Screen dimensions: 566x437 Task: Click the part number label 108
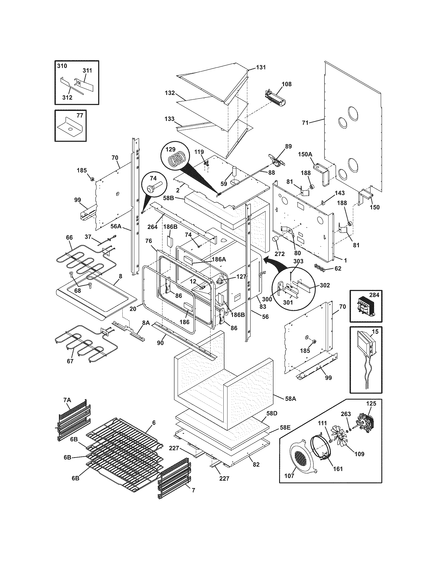287,84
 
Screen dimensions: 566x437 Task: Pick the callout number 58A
290,399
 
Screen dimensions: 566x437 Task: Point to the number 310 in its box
62,66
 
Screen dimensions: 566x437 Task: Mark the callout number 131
261,67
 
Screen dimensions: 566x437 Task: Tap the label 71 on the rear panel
305,122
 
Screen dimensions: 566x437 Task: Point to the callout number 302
325,285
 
